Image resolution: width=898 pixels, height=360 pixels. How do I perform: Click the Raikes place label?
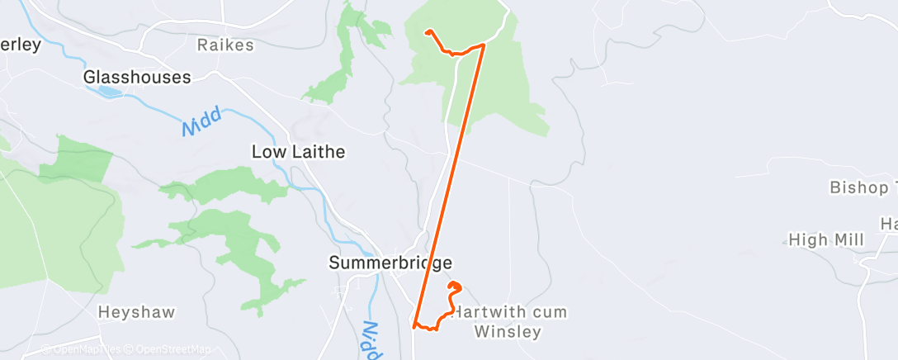click(x=226, y=45)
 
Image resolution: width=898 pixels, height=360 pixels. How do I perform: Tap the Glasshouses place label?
click(x=137, y=77)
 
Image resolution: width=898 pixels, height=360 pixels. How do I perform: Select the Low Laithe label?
click(x=298, y=152)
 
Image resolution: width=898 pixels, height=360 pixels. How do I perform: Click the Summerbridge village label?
click(x=390, y=263)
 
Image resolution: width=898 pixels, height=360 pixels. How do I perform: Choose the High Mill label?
click(x=826, y=240)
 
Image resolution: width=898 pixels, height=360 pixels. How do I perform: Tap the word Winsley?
click(x=508, y=332)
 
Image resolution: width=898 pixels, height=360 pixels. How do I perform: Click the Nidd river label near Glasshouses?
click(x=202, y=122)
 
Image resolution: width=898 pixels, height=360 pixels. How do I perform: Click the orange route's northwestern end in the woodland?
click(x=427, y=32)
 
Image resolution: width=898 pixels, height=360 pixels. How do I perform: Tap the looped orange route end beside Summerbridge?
click(x=452, y=286)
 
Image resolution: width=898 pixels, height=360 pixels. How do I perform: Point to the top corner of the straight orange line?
click(x=484, y=45)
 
